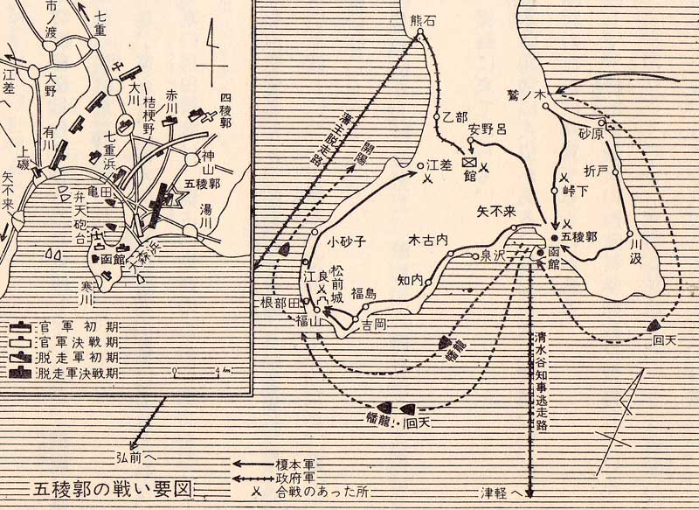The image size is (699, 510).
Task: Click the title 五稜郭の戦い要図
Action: (110, 487)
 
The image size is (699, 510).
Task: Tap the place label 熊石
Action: (421, 22)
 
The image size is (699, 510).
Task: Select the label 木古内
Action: (428, 238)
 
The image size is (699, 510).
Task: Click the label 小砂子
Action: (345, 239)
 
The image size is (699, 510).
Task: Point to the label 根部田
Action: (280, 303)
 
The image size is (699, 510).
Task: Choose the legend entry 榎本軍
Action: (301, 466)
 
